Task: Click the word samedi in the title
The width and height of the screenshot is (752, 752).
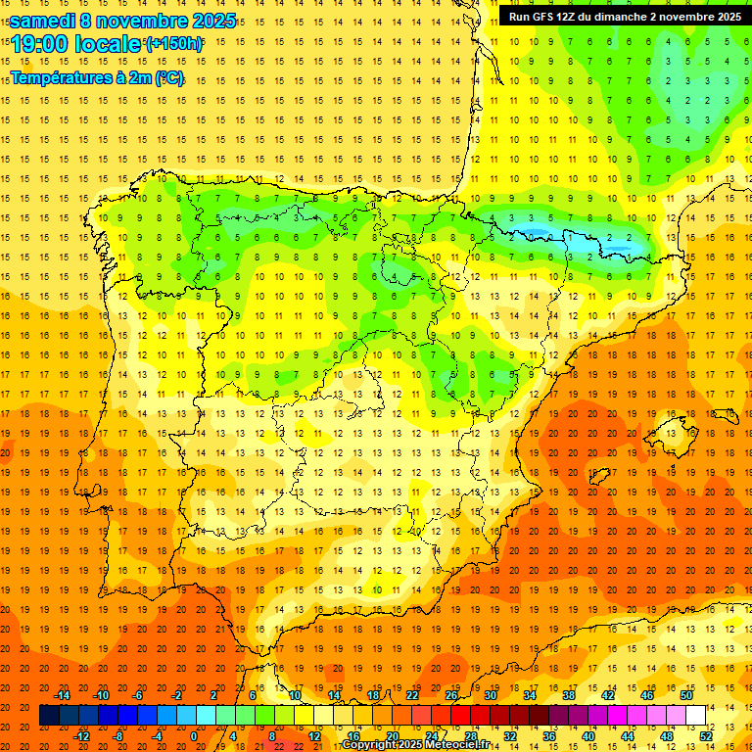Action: tap(44, 21)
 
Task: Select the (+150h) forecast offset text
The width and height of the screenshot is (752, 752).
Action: tap(174, 44)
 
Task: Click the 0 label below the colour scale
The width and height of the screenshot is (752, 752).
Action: tap(194, 736)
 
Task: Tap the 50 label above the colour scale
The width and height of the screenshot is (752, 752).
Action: tap(686, 695)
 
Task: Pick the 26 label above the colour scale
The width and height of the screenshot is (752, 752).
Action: tap(451, 695)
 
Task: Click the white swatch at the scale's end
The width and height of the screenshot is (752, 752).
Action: tap(695, 716)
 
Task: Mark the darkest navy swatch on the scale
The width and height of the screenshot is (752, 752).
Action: tap(49, 716)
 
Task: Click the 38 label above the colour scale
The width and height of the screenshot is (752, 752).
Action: tap(569, 695)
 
